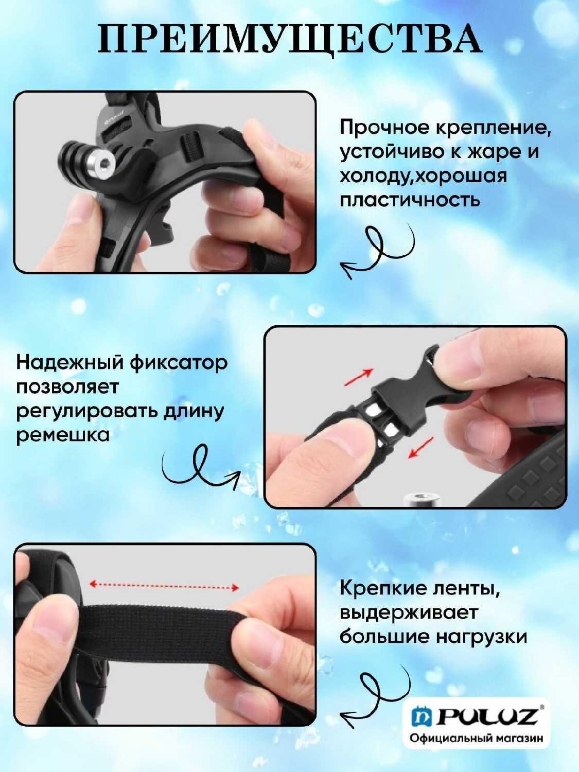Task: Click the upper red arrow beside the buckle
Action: click(359, 377)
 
